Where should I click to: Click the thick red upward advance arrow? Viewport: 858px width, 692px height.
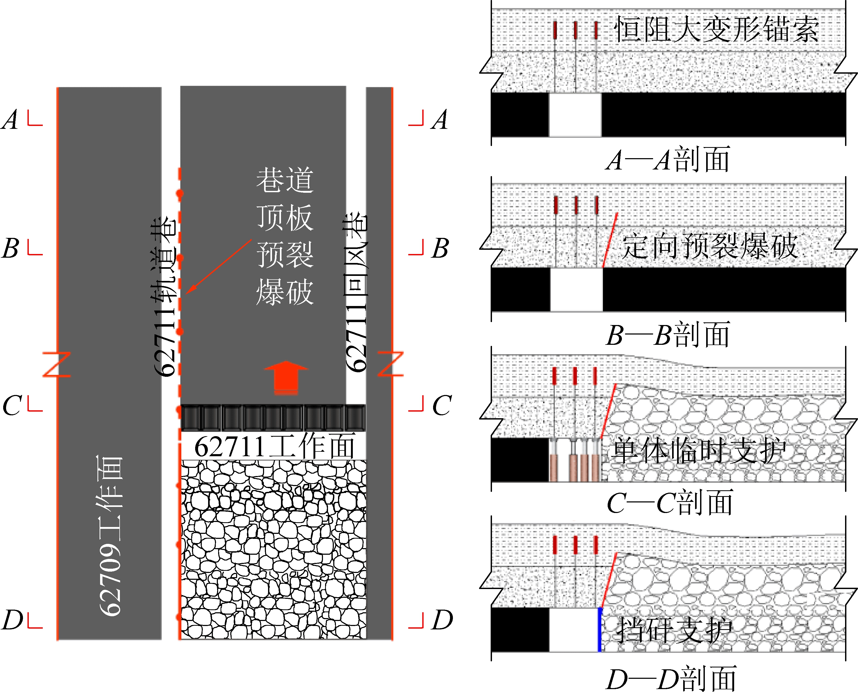pyautogui.click(x=286, y=377)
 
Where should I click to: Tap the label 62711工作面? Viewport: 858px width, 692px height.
pyautogui.click(x=274, y=446)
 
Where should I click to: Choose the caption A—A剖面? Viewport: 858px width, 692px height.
pyautogui.click(x=668, y=159)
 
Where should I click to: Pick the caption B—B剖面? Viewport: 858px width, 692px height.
pyautogui.click(x=668, y=334)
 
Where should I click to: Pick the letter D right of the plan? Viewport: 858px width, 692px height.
pyautogui.click(x=442, y=620)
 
